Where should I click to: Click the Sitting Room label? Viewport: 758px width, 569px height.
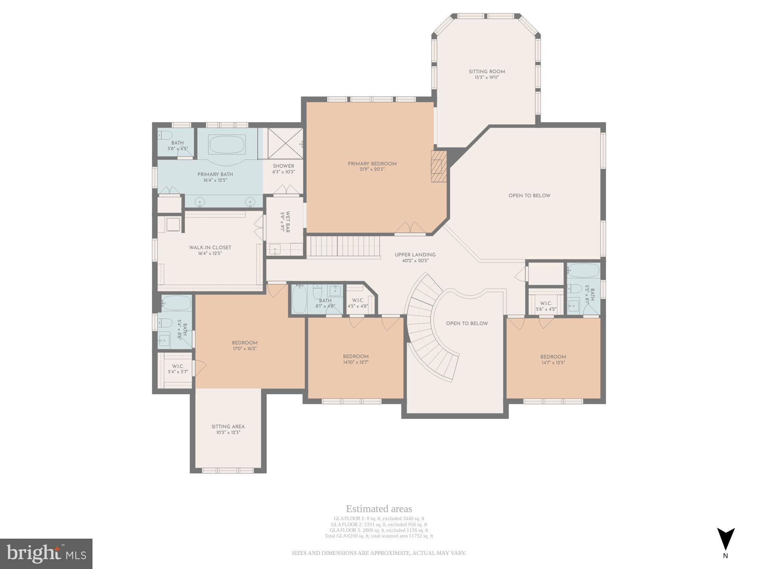(x=487, y=72)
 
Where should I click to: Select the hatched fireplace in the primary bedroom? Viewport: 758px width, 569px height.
(x=439, y=167)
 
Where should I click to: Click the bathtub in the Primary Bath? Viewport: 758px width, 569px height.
(x=227, y=145)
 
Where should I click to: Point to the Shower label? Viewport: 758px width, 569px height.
(x=283, y=166)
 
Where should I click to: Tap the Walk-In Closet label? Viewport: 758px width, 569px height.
(x=210, y=248)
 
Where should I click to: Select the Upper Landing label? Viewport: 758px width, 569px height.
(x=415, y=255)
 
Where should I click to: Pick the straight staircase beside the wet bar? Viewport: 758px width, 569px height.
(x=343, y=246)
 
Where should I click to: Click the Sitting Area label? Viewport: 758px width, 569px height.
(x=228, y=426)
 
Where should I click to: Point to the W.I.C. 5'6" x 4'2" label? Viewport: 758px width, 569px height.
(x=546, y=306)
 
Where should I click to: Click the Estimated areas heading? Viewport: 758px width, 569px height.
(x=379, y=509)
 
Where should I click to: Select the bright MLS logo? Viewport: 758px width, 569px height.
(x=46, y=554)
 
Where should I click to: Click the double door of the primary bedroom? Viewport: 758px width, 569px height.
(x=410, y=228)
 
